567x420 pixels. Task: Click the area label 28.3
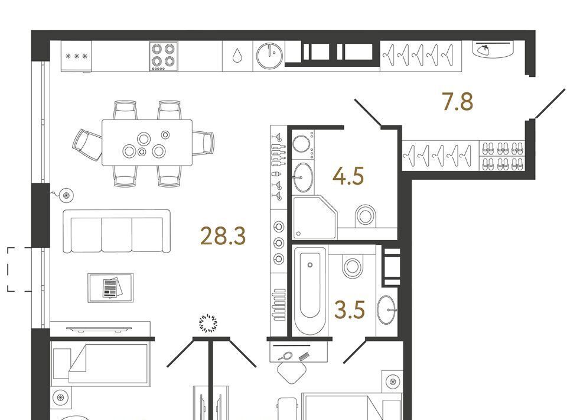pos(223,235)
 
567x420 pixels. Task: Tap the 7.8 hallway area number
pos(457,101)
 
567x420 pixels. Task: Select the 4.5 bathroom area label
pos(348,176)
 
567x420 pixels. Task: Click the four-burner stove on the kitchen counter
pos(164,56)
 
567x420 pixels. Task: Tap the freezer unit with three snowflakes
pos(76,56)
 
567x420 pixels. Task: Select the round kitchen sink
pos(269,56)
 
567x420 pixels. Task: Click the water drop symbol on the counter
pos(237,56)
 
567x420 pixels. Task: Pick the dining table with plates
pos(147,143)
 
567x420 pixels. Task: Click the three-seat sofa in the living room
pos(116,231)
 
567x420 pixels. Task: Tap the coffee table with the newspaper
pos(110,288)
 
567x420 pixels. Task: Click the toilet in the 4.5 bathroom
pos(366,216)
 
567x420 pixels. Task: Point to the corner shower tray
pos(314,217)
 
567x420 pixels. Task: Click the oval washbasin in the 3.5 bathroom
pos(386,310)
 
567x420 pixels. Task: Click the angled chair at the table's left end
pos(88,145)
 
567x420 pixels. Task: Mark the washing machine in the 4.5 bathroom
pos(302,145)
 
